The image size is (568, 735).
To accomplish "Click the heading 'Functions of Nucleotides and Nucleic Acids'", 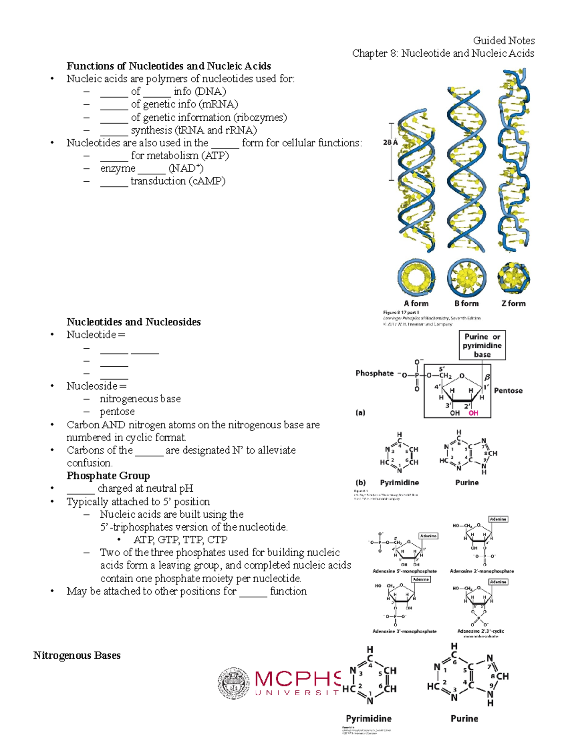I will pyautogui.click(x=169, y=66).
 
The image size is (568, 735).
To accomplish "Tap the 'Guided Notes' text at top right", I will pyautogui.click(x=504, y=40).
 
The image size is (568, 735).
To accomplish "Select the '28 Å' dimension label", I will pyautogui.click(x=390, y=142).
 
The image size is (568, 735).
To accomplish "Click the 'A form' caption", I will pyautogui.click(x=416, y=303).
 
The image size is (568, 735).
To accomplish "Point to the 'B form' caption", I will pyautogui.click(x=466, y=303).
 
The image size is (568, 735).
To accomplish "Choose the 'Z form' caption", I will pyautogui.click(x=514, y=303).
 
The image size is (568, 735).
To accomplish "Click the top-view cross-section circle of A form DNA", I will pyautogui.click(x=416, y=277).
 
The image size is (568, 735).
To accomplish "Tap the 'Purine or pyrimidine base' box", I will pyautogui.click(x=482, y=345).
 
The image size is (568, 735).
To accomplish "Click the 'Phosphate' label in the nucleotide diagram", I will pyautogui.click(x=374, y=373).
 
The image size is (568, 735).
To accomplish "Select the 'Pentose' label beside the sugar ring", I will pyautogui.click(x=508, y=390).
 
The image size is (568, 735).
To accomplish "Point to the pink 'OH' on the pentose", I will pyautogui.click(x=473, y=413).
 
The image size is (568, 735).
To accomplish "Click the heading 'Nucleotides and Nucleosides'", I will pyautogui.click(x=133, y=322).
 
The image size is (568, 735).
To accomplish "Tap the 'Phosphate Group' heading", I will pyautogui.click(x=108, y=476).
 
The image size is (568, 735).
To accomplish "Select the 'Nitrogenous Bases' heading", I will pyautogui.click(x=77, y=655).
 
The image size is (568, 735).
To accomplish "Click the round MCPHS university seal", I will pyautogui.click(x=234, y=683).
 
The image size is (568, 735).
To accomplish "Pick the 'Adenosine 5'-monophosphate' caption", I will pyautogui.click(x=404, y=571).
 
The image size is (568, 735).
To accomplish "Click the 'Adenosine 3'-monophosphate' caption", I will pyautogui.click(x=404, y=631).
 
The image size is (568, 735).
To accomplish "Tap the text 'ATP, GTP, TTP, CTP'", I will pyautogui.click(x=180, y=540).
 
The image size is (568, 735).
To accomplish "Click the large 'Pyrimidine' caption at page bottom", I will pyautogui.click(x=369, y=718).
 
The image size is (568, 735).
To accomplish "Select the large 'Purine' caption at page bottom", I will pyautogui.click(x=464, y=718).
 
